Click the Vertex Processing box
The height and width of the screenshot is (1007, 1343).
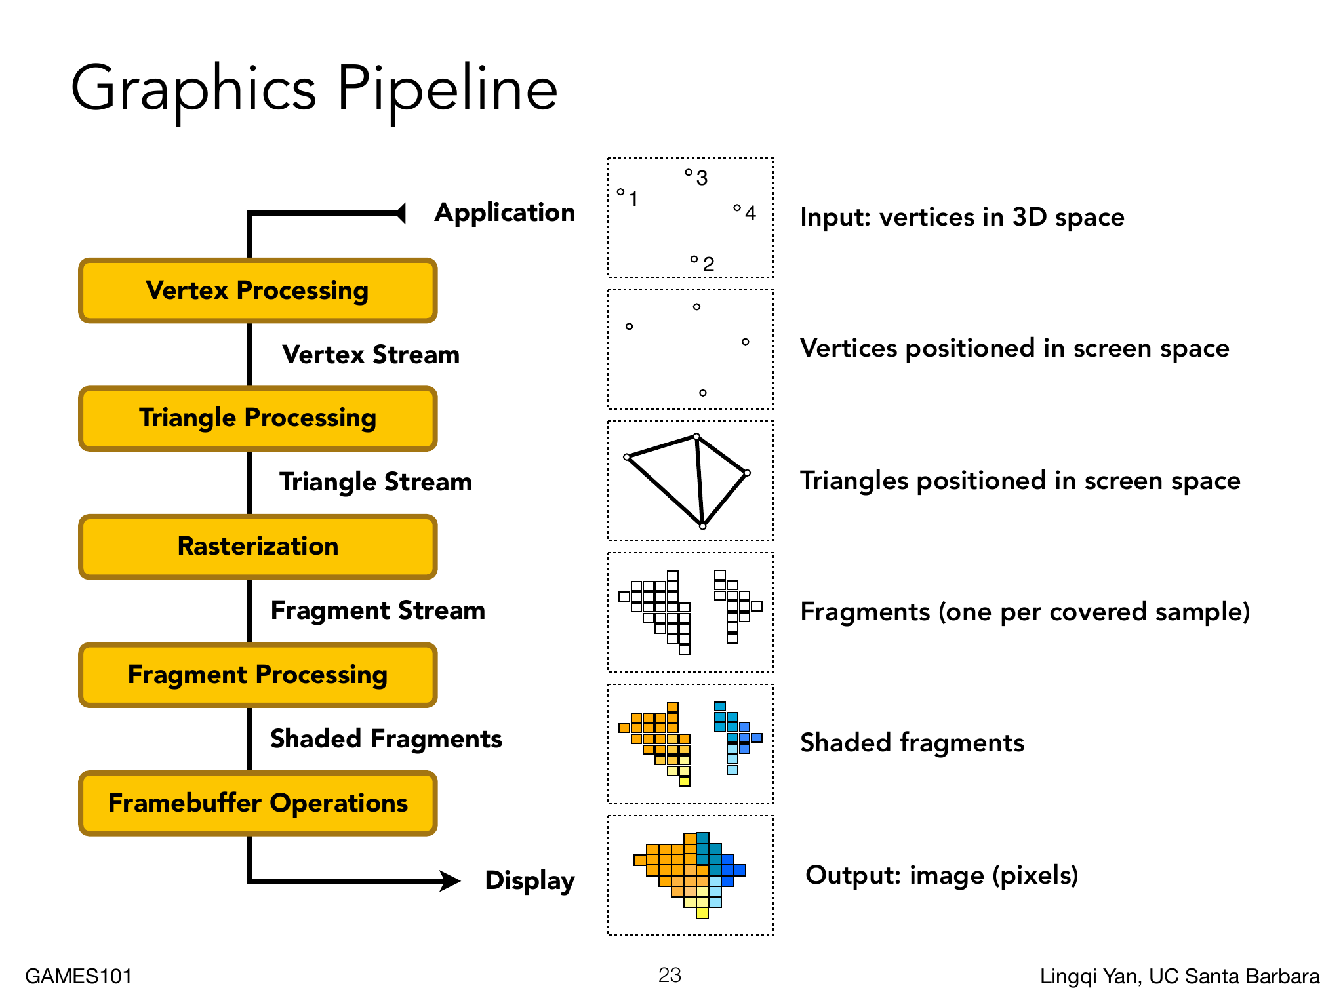[258, 290]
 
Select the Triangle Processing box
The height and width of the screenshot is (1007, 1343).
[258, 418]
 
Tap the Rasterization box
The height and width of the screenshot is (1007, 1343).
[258, 547]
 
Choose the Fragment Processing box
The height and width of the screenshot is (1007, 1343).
[258, 675]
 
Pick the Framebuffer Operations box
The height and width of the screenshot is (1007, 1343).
[258, 803]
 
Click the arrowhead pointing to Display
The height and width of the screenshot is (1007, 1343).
[451, 880]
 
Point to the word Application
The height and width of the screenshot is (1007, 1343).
[504, 213]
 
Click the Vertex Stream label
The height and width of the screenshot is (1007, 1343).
[371, 355]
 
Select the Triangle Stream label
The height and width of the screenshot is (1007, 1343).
[376, 483]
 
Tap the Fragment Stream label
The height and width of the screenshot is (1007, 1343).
[378, 611]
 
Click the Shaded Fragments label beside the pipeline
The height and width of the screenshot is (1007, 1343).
[386, 739]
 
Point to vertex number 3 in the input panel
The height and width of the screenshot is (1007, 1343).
[689, 172]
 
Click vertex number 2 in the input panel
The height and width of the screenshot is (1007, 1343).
[694, 260]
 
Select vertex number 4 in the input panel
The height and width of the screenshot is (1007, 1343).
[737, 208]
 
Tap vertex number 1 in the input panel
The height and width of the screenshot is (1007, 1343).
[620, 192]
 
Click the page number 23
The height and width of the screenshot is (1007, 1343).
[670, 975]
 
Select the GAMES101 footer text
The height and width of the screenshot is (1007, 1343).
[79, 976]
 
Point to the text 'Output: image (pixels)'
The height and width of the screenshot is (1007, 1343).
[942, 875]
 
